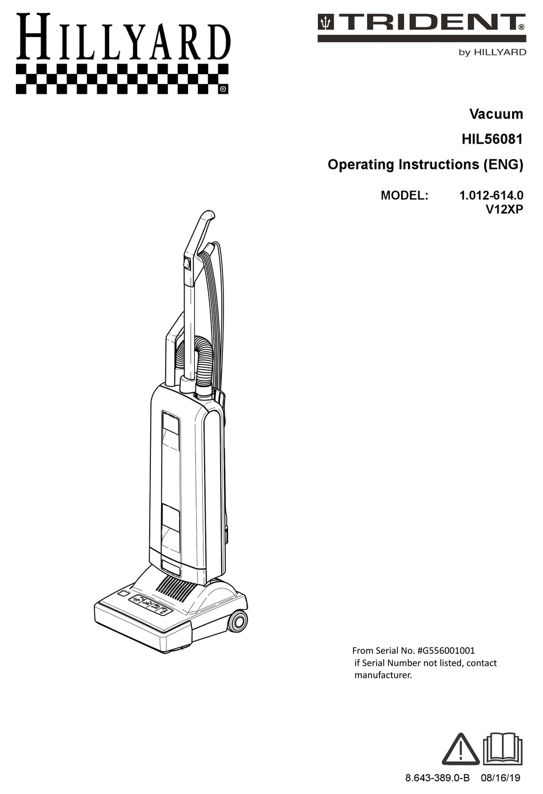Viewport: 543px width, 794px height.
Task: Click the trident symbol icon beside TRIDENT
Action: tap(326, 22)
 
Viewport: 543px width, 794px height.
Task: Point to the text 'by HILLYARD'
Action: tap(492, 52)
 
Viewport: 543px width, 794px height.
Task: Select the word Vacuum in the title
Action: tap(496, 114)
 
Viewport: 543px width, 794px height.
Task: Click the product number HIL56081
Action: tap(492, 139)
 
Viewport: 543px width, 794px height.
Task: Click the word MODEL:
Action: tap(404, 195)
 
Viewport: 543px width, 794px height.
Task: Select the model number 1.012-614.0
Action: tap(491, 195)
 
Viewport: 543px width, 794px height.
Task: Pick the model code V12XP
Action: tap(504, 209)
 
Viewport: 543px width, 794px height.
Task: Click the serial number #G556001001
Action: tap(446, 650)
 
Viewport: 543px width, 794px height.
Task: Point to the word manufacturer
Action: tap(383, 675)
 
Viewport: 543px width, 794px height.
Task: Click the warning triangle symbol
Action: tap(461, 749)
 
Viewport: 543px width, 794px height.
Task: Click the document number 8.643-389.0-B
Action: tap(437, 778)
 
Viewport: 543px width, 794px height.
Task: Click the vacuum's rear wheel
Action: tap(237, 621)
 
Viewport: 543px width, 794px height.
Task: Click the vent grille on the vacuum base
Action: tap(176, 587)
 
